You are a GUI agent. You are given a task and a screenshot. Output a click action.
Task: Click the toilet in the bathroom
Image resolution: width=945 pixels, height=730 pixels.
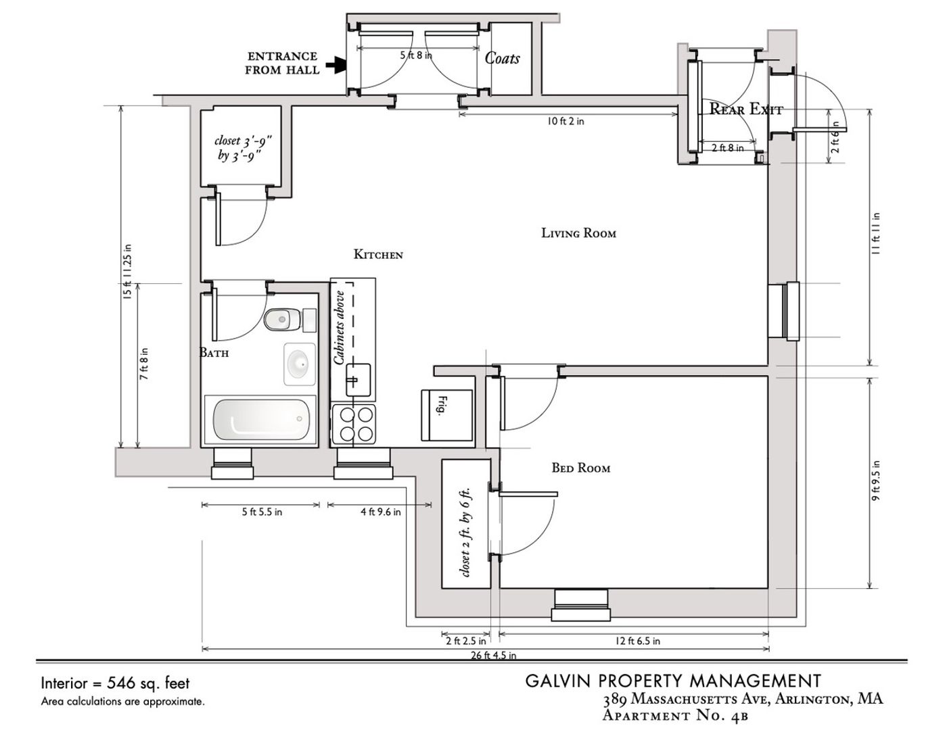[283, 320]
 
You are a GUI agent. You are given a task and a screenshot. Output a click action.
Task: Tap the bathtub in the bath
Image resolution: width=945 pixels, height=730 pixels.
[260, 420]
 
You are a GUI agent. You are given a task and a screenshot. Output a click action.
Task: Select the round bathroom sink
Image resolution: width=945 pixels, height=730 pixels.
[298, 364]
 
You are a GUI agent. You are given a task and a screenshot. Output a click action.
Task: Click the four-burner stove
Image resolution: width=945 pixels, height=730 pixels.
[354, 424]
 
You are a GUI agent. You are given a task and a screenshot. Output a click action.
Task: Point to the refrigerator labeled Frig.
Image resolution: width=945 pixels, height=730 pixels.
[446, 415]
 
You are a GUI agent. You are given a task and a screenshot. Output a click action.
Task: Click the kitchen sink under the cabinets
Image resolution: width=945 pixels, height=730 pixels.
[357, 379]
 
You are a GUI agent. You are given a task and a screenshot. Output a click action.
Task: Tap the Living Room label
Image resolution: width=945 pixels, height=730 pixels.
[578, 233]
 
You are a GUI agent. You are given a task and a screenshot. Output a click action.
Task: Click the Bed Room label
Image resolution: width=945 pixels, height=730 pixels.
[580, 468]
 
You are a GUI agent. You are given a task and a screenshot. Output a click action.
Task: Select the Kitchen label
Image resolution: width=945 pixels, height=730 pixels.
[378, 255]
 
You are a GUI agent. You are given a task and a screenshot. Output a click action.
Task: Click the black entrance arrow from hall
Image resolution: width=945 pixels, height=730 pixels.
[335, 65]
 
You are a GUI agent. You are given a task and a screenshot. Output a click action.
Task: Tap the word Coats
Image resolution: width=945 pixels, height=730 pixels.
[502, 58]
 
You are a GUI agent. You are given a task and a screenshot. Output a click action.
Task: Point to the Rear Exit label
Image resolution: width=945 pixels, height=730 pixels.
[745, 109]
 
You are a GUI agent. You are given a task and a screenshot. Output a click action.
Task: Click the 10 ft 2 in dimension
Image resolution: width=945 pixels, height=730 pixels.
[566, 122]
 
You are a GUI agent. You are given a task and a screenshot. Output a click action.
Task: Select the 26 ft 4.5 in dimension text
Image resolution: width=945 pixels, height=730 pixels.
[494, 655]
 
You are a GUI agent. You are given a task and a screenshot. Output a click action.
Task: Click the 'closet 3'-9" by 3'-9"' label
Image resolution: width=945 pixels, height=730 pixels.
[241, 148]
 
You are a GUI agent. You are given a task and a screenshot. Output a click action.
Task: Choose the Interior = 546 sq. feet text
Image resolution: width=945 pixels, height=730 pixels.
[115, 683]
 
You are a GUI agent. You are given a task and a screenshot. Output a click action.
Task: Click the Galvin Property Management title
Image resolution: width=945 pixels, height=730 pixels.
[673, 681]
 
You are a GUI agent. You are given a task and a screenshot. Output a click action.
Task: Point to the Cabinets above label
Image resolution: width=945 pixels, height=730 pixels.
[340, 328]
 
